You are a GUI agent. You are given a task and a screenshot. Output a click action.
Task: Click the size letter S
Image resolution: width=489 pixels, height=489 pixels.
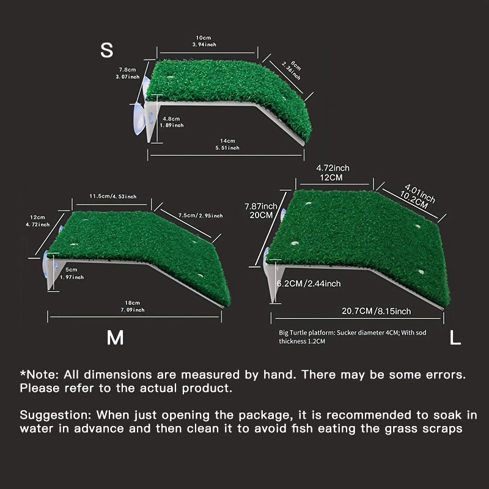click(106, 50)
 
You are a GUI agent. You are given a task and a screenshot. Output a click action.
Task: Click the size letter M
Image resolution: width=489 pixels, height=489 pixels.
click(115, 337)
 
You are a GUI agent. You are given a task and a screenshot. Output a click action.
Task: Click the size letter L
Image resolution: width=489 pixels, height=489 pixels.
click(455, 337)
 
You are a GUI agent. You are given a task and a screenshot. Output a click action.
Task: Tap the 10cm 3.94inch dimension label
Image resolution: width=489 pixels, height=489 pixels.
click(204, 41)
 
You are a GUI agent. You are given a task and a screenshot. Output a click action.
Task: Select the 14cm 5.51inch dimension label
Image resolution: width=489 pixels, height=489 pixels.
click(227, 144)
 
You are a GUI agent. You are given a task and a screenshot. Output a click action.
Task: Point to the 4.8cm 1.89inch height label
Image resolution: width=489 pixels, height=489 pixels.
click(172, 122)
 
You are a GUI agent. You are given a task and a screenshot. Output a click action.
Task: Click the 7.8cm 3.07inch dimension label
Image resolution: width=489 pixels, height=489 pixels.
click(128, 73)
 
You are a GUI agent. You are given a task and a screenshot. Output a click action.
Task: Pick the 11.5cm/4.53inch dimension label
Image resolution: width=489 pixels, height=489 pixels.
click(113, 196)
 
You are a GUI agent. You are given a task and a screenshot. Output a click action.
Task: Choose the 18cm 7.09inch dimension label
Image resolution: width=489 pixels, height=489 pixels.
click(133, 306)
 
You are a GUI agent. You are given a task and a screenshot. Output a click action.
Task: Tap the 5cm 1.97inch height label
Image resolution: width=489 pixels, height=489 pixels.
click(72, 273)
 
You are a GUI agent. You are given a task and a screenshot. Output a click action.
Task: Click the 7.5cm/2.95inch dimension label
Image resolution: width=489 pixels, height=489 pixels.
click(200, 215)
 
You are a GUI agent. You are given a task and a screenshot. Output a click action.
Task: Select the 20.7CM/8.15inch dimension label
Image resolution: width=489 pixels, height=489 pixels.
click(376, 311)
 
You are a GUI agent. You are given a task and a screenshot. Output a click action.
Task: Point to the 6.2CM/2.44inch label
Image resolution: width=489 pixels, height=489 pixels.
click(309, 284)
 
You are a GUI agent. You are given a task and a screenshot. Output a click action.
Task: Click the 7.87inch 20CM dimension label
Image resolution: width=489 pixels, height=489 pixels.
click(261, 210)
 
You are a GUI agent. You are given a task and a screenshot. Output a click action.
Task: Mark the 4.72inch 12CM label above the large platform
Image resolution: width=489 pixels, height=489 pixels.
click(333, 173)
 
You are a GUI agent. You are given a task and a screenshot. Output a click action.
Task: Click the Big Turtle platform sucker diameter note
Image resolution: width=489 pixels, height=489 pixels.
click(353, 337)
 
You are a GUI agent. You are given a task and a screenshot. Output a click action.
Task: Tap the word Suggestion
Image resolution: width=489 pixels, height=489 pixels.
click(56, 416)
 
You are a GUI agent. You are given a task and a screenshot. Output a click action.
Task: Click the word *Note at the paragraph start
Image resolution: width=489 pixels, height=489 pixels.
click(39, 374)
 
